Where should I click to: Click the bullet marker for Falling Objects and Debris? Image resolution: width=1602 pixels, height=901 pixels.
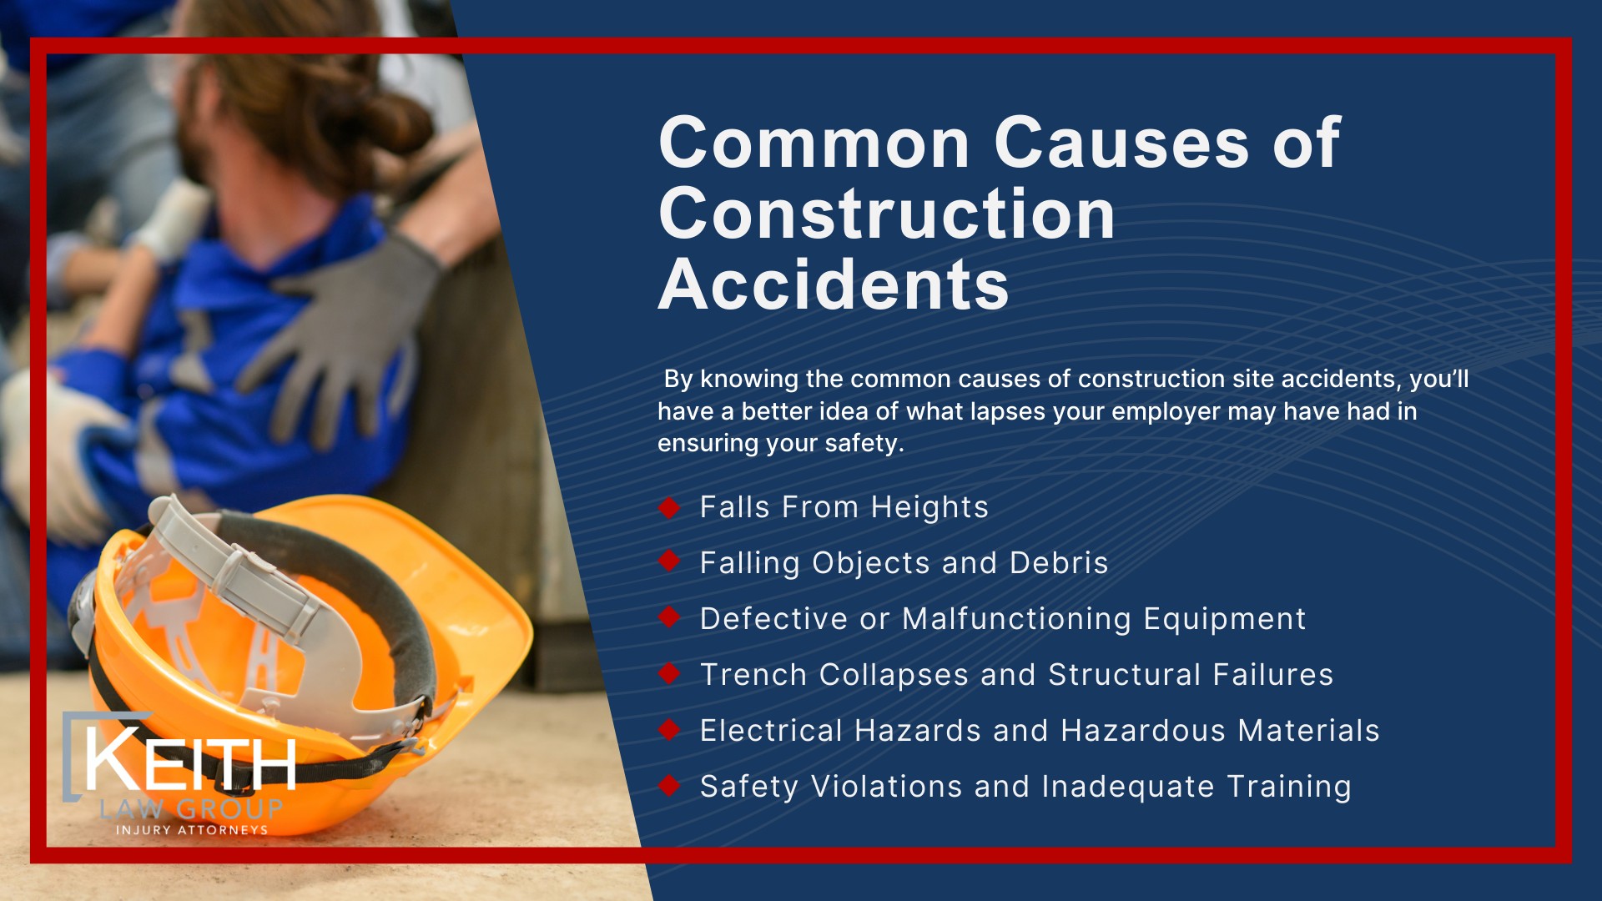point(669,561)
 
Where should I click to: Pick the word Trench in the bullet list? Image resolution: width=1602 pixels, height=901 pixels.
point(753,674)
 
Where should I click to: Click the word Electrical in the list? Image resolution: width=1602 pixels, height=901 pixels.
point(771,730)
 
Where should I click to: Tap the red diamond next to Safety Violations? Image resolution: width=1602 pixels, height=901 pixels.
point(669,785)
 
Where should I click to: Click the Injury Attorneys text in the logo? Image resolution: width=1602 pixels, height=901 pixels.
point(192,830)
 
